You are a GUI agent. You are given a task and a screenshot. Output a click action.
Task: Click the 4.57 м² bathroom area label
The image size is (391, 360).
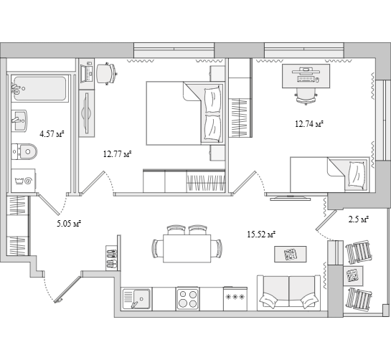(52, 134)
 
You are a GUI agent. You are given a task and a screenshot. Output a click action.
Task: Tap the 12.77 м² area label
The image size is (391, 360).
(117, 154)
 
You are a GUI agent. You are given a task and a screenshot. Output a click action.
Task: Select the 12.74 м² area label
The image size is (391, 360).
(309, 123)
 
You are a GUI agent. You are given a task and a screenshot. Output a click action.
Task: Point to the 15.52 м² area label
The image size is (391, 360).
(261, 235)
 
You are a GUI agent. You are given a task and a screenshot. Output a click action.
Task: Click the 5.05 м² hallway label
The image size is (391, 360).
(69, 223)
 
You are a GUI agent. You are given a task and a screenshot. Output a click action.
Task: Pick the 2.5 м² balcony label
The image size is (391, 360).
(358, 219)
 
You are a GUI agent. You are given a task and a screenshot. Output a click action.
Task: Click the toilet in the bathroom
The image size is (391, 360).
(24, 151)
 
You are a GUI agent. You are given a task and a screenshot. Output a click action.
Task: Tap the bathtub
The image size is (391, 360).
(40, 88)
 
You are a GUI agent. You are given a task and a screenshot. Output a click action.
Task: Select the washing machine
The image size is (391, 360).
(24, 181)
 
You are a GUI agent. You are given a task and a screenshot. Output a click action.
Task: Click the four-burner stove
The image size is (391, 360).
(187, 299)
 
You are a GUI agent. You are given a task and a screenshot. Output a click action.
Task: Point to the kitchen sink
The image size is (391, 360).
(136, 299)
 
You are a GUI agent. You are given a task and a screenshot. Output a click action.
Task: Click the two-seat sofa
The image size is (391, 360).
(288, 293)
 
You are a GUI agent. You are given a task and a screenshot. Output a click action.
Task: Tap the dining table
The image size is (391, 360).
(187, 248)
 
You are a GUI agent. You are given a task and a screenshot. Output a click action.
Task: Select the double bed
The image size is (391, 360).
(185, 113)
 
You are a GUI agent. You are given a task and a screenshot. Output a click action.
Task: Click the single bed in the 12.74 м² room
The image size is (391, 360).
(329, 174)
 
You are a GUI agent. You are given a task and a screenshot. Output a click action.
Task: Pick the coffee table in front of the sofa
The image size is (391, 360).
(291, 254)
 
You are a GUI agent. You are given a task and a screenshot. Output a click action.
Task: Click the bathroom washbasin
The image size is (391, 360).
(19, 120)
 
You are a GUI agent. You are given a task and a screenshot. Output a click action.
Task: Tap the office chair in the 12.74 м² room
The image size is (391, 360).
(306, 96)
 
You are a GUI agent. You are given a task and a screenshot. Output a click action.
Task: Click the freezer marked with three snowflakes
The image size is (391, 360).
(235, 298)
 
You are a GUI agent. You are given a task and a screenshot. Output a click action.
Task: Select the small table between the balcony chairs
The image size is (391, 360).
(353, 276)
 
